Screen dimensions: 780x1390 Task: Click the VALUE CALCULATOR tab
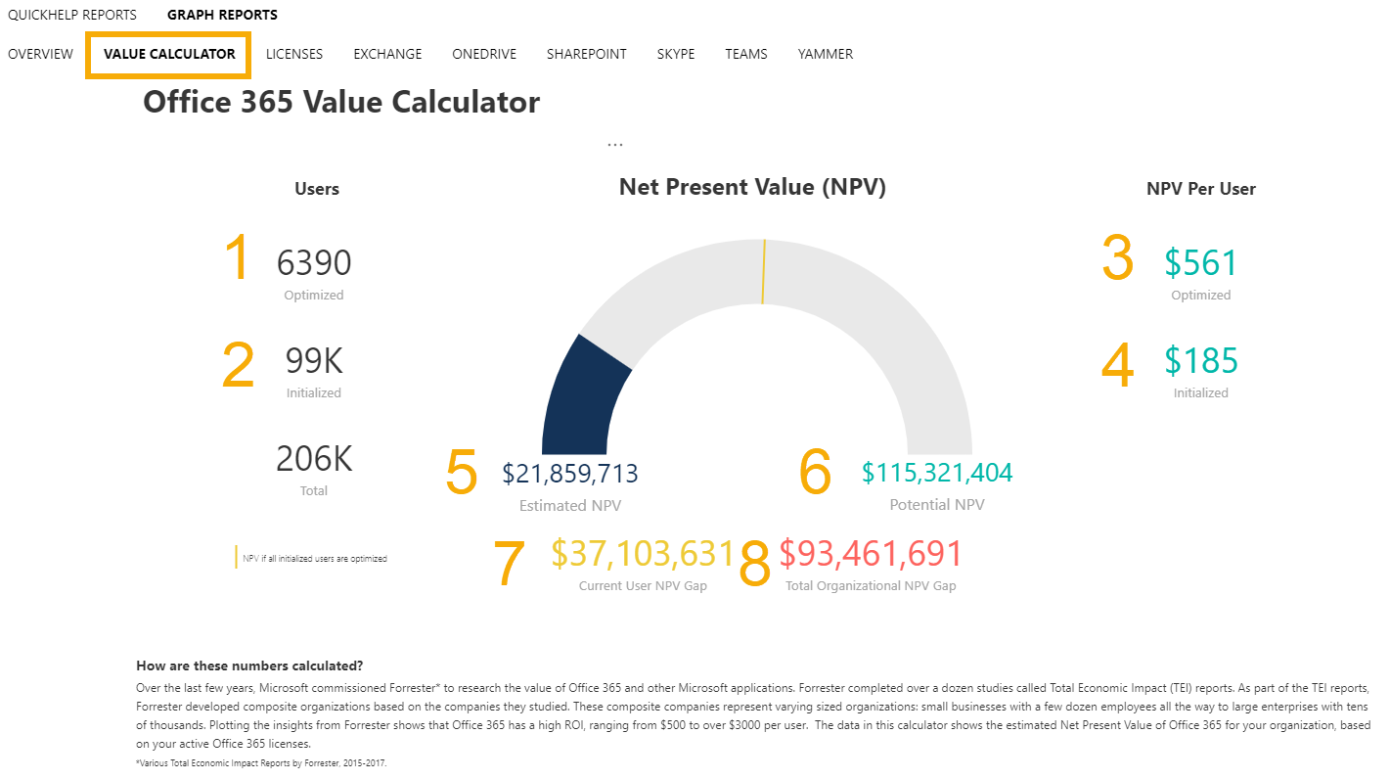pyautogui.click(x=169, y=54)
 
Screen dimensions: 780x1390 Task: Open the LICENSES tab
pyautogui.click(x=293, y=54)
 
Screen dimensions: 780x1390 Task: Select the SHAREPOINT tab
pyautogui.click(x=586, y=54)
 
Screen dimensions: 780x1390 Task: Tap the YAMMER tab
pyautogui.click(x=825, y=54)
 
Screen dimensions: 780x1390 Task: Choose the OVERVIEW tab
pyautogui.click(x=40, y=54)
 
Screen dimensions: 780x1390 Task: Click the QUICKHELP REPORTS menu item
pyautogui.click(x=72, y=15)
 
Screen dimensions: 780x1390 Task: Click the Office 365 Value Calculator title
pyautogui.click(x=340, y=102)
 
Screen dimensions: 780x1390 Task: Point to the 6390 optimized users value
pyautogui.click(x=313, y=262)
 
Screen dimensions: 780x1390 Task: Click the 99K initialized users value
pyautogui.click(x=313, y=361)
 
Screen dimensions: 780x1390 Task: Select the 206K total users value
pyautogui.click(x=313, y=459)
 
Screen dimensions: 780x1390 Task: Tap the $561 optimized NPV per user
pyautogui.click(x=1200, y=262)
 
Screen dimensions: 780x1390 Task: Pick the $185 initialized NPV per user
pyautogui.click(x=1200, y=361)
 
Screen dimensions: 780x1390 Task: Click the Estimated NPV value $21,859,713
pyautogui.click(x=569, y=474)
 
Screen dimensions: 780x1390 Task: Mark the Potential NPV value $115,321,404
pyautogui.click(x=936, y=473)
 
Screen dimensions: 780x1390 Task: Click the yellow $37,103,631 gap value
pyautogui.click(x=642, y=553)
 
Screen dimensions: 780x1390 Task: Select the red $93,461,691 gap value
pyautogui.click(x=871, y=553)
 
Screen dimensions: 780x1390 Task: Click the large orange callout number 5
pyautogui.click(x=461, y=473)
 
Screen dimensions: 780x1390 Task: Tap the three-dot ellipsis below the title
pyautogui.click(x=614, y=144)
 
